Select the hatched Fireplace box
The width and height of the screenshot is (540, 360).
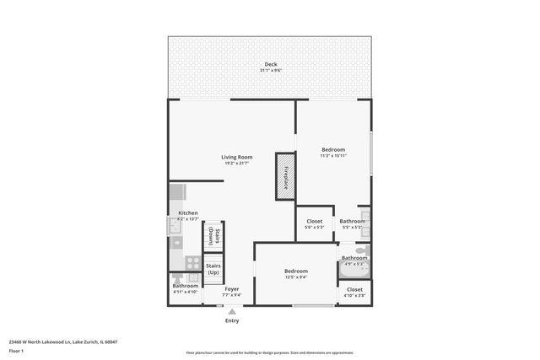pos(286,176)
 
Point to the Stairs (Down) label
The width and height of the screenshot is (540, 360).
pos(216,237)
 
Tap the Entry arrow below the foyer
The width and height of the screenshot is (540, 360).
pos(232,311)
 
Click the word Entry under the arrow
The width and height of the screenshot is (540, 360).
pos(232,320)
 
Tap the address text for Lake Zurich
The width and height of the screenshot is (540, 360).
pos(62,341)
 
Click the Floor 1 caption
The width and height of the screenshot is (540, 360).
pos(16,350)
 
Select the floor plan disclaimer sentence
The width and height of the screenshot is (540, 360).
pos(270,353)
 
